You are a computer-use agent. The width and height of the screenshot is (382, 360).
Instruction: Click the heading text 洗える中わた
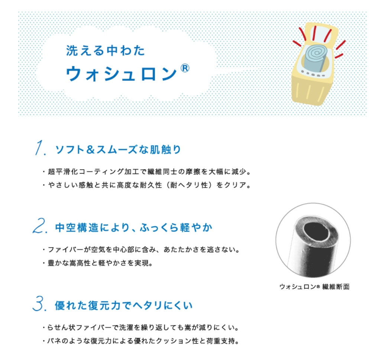pyautogui.click(x=105, y=50)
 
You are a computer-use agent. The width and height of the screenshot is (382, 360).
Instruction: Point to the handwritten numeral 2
pyautogui.click(x=39, y=227)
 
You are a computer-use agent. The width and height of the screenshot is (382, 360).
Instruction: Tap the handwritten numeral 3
pyautogui.click(x=39, y=305)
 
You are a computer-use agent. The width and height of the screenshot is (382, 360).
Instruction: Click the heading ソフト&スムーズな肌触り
pyautogui.click(x=118, y=150)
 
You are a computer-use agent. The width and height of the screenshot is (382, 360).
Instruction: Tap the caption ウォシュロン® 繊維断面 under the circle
pyautogui.click(x=314, y=287)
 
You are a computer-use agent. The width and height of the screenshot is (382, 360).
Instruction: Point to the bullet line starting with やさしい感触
pyautogui.click(x=147, y=185)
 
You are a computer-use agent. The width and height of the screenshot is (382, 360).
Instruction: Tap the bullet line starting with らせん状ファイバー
pyautogui.click(x=142, y=328)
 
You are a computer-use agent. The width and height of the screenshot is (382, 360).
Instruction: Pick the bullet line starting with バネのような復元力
pyautogui.click(x=142, y=341)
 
